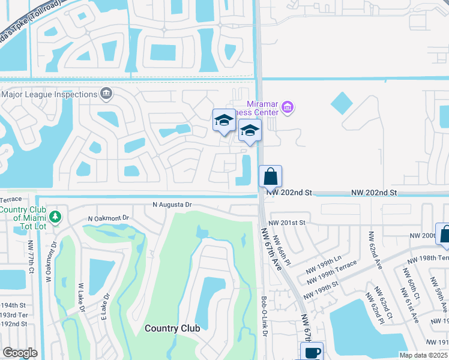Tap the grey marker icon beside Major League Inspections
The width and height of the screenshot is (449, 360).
click(x=106, y=94)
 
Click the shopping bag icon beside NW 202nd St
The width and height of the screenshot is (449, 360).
click(x=270, y=176)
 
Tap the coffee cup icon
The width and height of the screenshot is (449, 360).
click(x=312, y=352)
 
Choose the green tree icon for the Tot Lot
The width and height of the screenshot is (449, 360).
click(x=55, y=216)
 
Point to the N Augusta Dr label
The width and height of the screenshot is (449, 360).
click(x=172, y=205)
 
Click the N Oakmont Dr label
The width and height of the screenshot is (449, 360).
click(x=109, y=218)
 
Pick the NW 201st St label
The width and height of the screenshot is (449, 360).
click(x=288, y=222)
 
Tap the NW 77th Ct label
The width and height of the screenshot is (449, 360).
click(x=30, y=257)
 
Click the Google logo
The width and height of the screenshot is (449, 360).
click(x=20, y=353)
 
